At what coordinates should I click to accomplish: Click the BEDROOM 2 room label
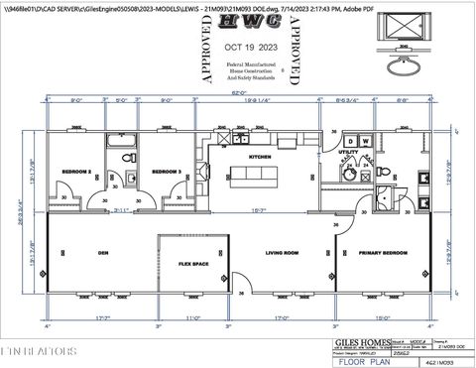pyautogui.click(x=77, y=172)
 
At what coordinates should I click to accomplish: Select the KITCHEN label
pyautogui.click(x=261, y=158)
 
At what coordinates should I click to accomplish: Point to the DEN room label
pyautogui.click(x=102, y=252)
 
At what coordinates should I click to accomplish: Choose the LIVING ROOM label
pyautogui.click(x=282, y=252)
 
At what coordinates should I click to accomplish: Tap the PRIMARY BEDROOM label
pyautogui.click(x=382, y=252)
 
